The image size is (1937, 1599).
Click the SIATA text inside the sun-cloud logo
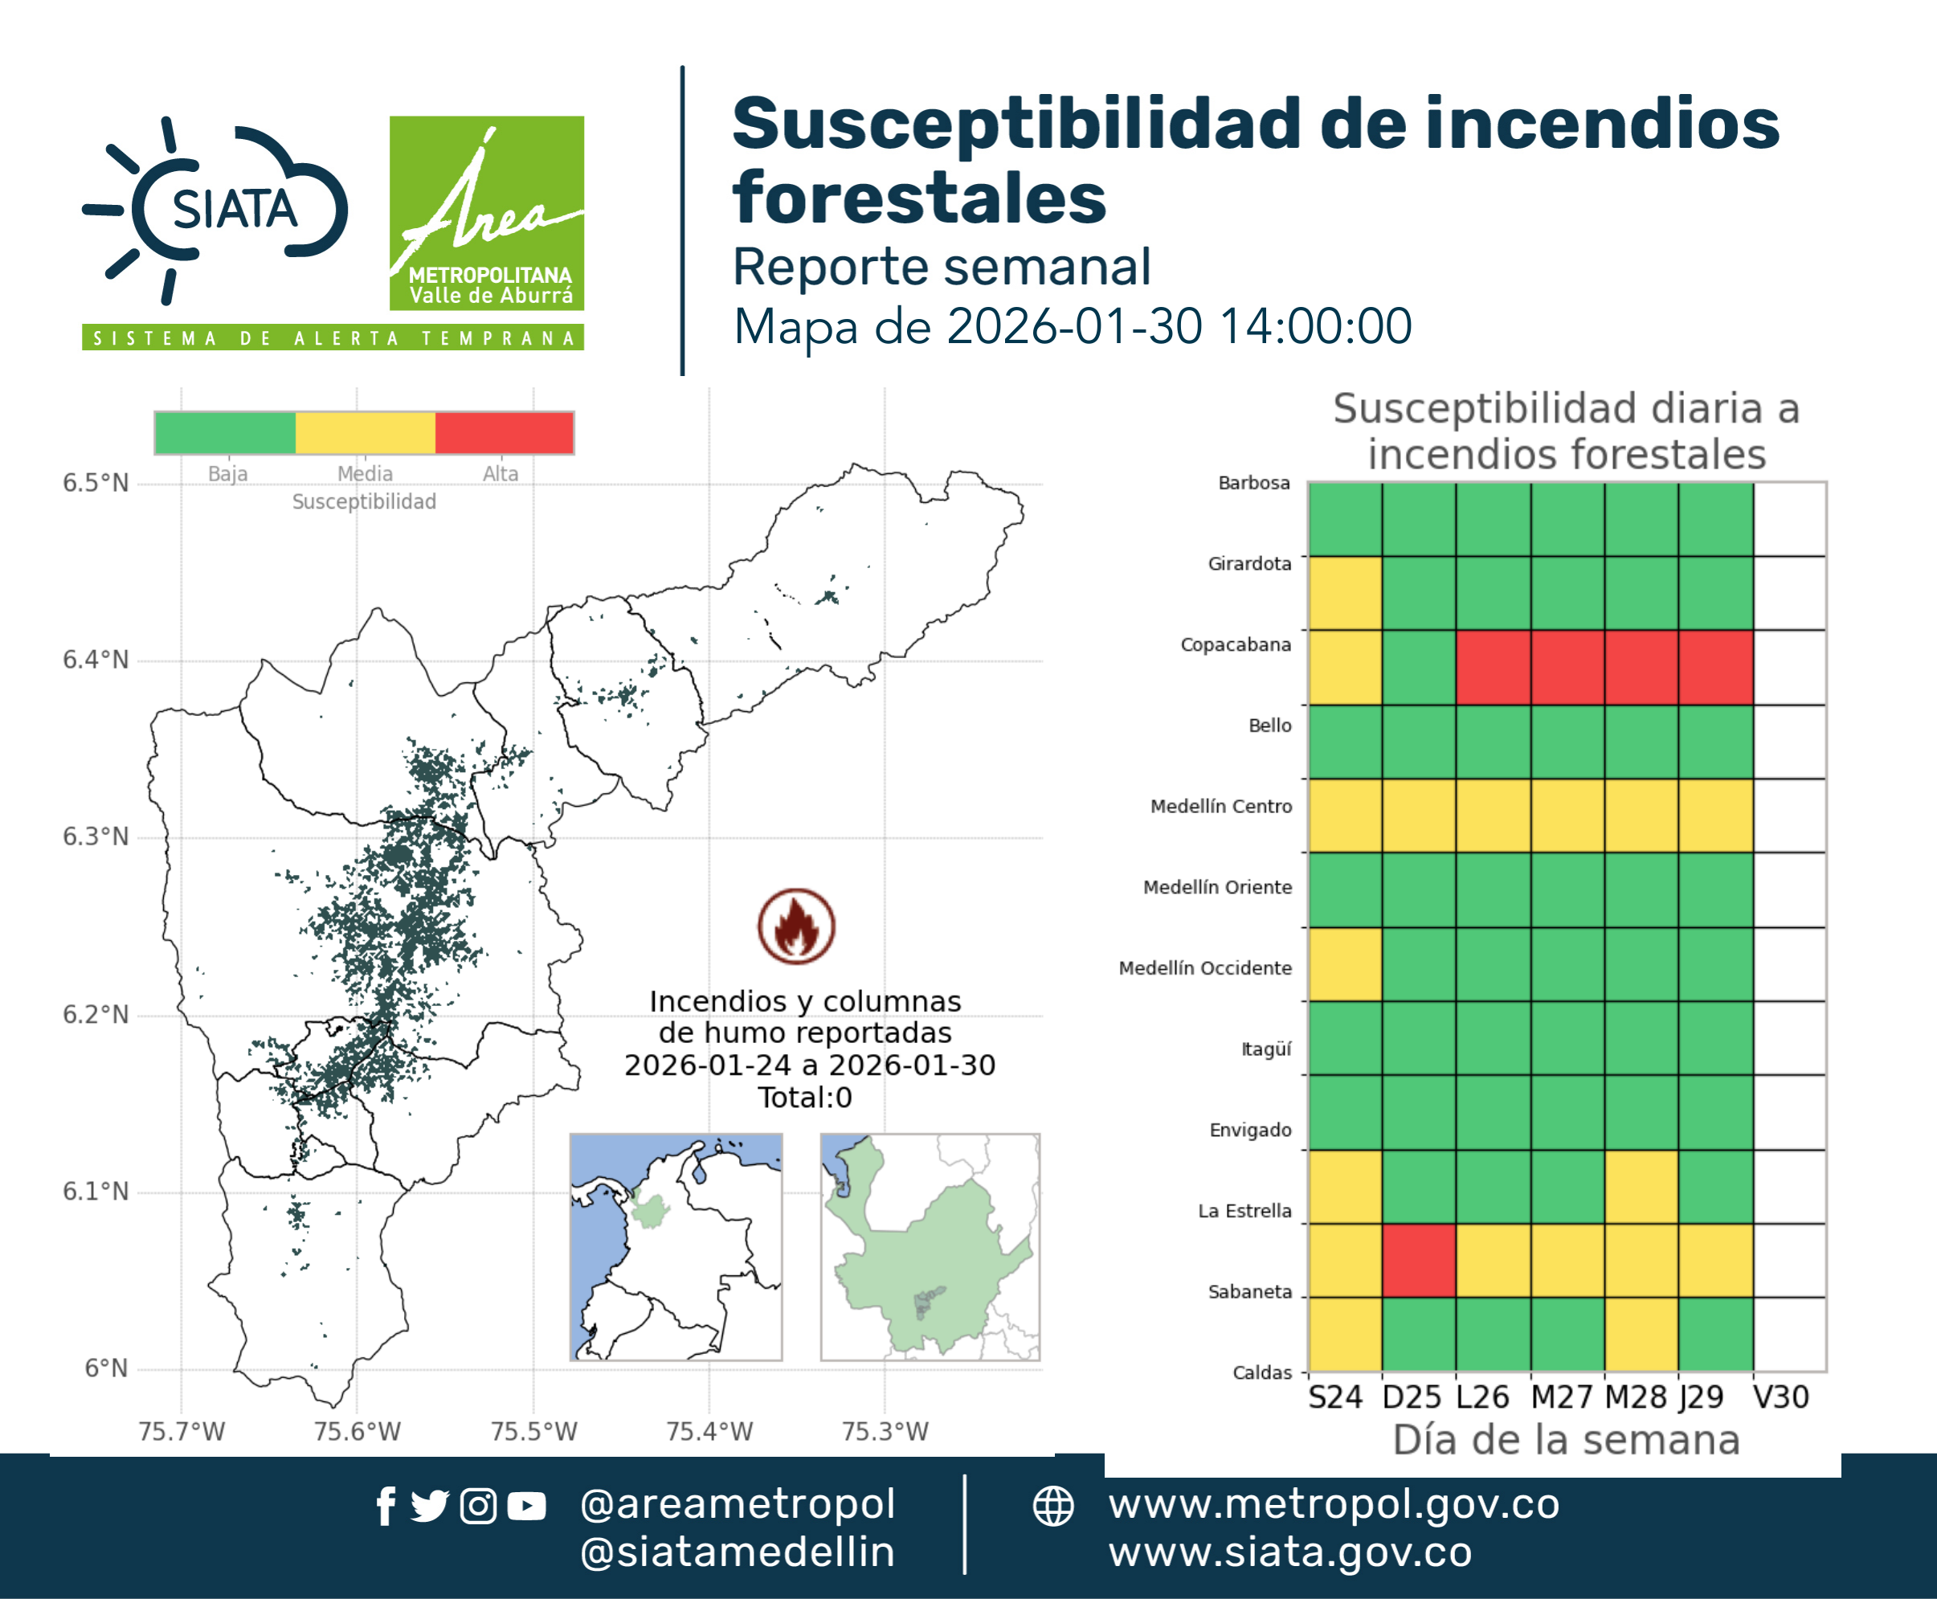point(235,209)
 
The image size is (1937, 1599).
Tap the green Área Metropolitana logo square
point(486,213)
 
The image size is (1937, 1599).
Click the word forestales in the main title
point(919,197)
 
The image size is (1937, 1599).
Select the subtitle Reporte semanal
point(942,266)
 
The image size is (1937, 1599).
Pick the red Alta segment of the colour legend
point(504,433)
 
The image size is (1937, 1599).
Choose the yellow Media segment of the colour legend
point(365,433)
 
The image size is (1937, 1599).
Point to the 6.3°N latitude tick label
point(96,836)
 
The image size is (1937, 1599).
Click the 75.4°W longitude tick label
point(709,1431)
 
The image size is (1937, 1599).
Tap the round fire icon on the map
point(797,926)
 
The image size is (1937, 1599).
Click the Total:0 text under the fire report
point(805,1097)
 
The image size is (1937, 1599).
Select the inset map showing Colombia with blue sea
point(676,1247)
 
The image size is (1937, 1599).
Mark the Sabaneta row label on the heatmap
point(1250,1291)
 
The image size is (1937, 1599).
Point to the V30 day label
point(1780,1397)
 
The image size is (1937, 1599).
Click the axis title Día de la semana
point(1566,1440)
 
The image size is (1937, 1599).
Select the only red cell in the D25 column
point(1420,1260)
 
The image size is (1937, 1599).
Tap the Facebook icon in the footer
point(386,1506)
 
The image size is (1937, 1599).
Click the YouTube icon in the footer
point(526,1506)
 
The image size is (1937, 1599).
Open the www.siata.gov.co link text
point(1289,1552)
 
